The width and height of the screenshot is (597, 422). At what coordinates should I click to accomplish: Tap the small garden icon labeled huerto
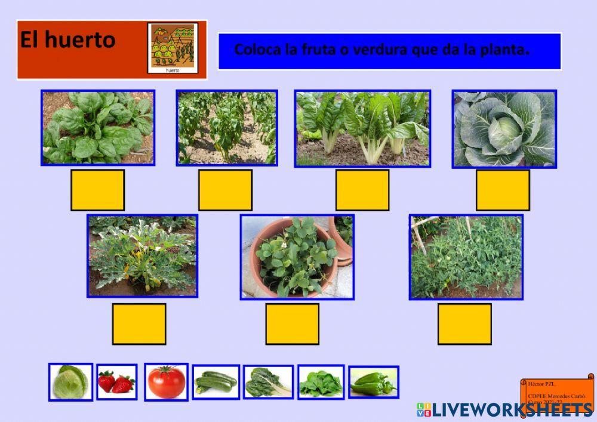173,48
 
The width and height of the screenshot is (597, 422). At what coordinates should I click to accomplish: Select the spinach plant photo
98,127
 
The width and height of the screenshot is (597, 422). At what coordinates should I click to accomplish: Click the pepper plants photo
227,127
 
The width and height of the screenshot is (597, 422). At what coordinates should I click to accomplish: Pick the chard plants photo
362,128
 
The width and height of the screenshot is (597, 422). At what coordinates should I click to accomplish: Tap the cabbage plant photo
504,128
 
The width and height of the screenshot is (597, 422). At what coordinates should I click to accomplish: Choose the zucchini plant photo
142,255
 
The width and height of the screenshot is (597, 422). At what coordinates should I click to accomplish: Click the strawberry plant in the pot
297,257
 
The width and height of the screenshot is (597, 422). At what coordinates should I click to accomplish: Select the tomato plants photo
466,257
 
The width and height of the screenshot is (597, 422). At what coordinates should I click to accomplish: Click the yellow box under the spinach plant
98,190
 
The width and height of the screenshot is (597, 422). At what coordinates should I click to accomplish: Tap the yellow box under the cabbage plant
503,190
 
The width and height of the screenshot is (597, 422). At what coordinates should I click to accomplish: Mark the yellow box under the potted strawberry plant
292,324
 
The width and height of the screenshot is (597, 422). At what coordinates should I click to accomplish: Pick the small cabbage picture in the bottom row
70,382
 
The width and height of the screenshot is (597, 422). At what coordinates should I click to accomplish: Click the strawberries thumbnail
116,382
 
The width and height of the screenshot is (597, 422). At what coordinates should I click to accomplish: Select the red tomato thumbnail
166,382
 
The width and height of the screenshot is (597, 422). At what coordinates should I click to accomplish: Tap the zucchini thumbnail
216,382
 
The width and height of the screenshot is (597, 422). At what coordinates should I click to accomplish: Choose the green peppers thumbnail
373,382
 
